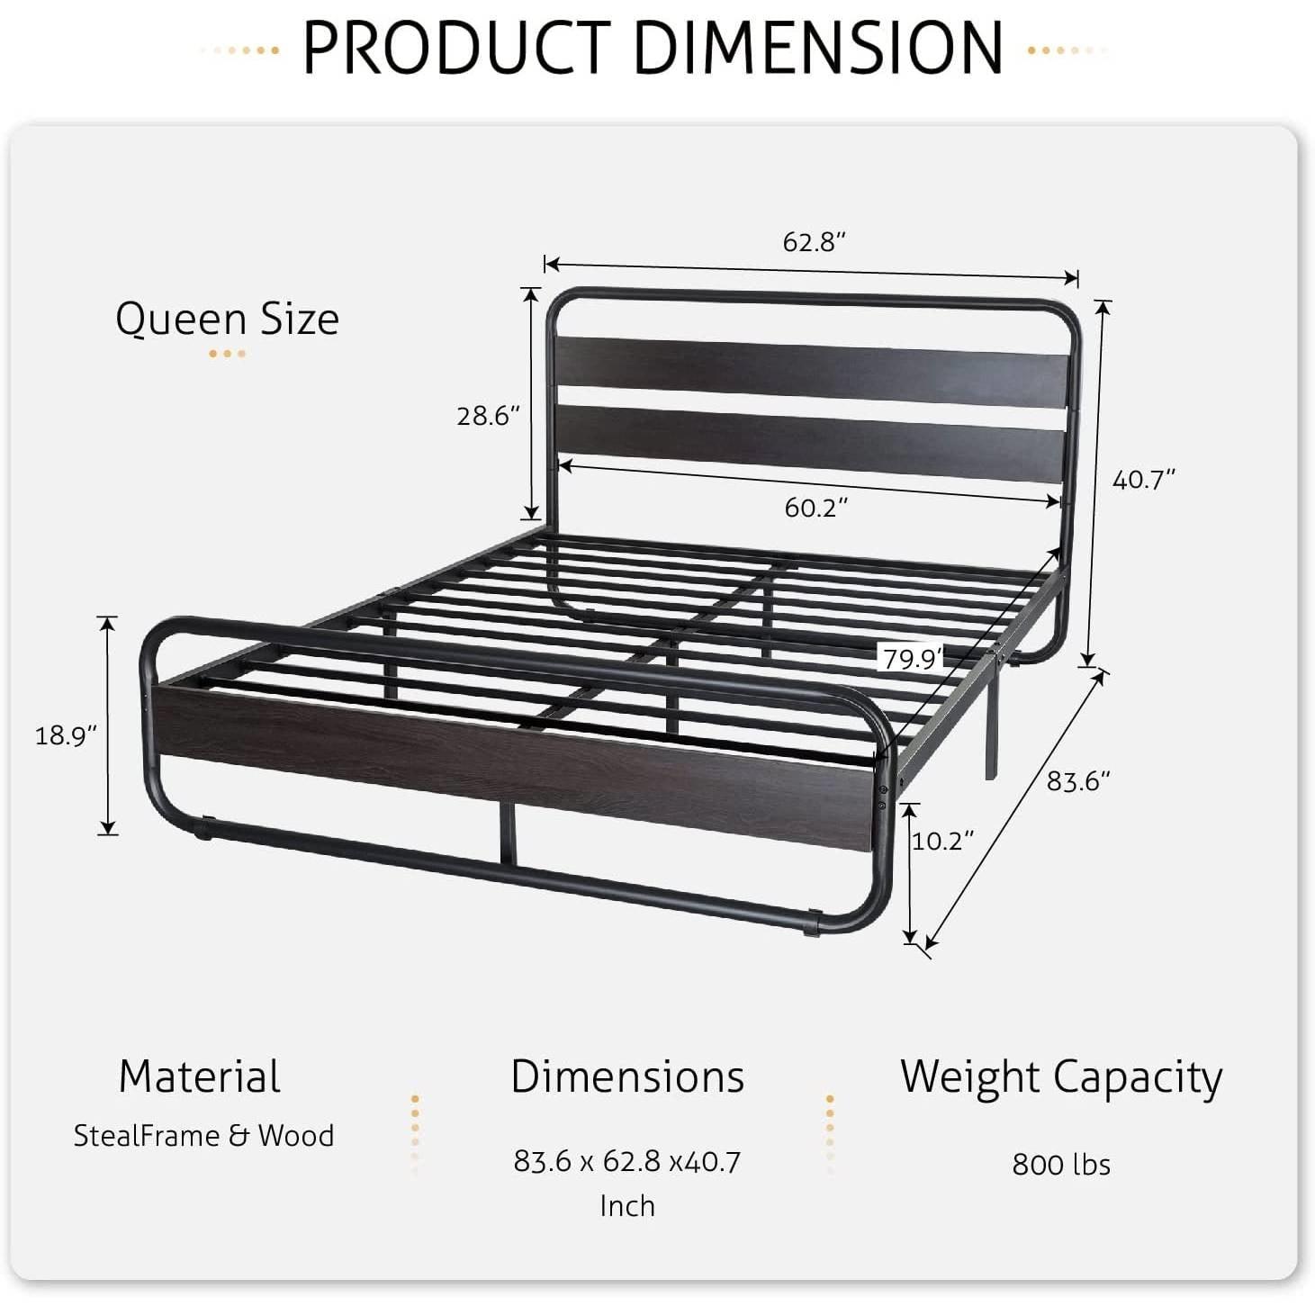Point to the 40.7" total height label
(1144, 480)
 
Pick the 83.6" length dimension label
(1078, 780)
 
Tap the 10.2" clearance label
(943, 841)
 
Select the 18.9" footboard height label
(66, 735)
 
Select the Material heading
(199, 1076)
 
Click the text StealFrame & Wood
(203, 1136)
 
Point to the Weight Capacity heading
(1061, 1077)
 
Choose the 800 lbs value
(1061, 1165)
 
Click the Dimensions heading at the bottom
(627, 1076)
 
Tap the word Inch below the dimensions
(627, 1206)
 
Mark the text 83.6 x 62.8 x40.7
(627, 1162)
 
